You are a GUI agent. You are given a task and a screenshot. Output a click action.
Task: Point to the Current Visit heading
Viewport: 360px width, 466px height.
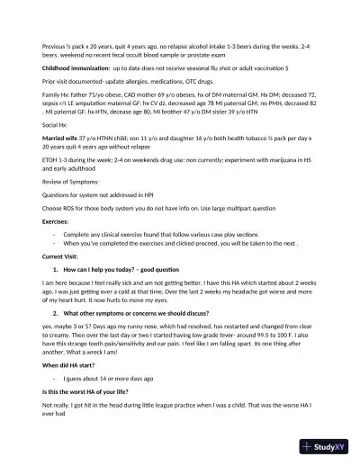point(58,256)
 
